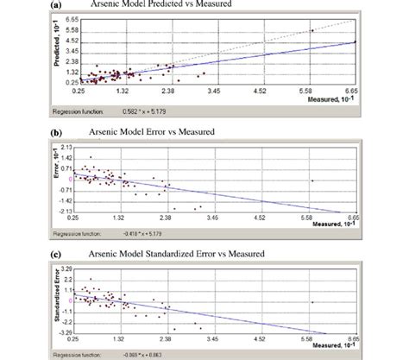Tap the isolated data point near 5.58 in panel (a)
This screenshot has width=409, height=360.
pyautogui.click(x=311, y=30)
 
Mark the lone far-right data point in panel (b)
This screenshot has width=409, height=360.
pyautogui.click(x=311, y=179)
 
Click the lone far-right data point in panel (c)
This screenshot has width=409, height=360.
pyautogui.click(x=311, y=301)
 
